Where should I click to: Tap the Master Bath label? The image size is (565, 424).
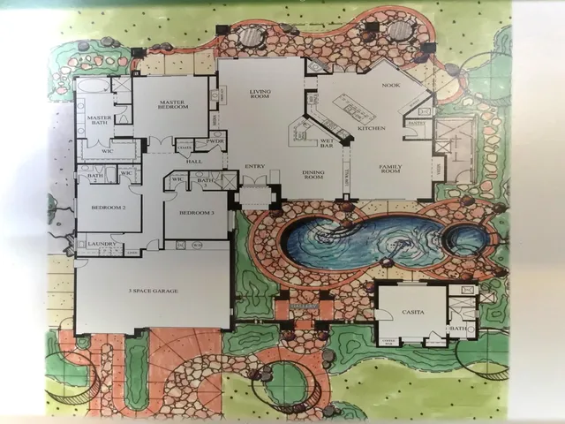click(x=98, y=122)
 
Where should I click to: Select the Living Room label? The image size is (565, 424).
click(x=260, y=94)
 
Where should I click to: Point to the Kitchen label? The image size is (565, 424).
click(x=370, y=128)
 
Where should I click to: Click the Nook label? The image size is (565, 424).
click(x=390, y=85)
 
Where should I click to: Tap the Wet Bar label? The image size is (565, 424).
click(x=326, y=142)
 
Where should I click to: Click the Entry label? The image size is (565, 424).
click(x=255, y=166)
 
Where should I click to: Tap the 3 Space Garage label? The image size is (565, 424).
click(x=152, y=291)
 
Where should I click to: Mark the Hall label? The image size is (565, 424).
click(x=195, y=161)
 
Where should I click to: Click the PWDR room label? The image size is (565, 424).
click(x=215, y=141)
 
